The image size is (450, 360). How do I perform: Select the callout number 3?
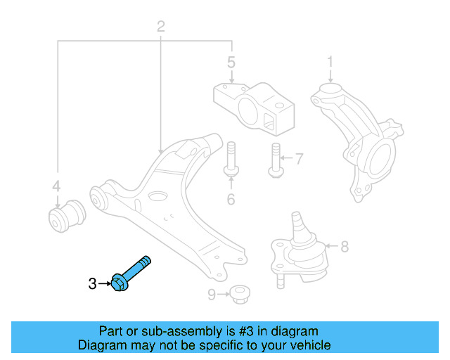[92, 284]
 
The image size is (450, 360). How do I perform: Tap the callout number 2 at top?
[160, 27]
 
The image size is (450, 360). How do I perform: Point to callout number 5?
[231, 63]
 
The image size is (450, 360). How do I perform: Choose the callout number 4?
[57, 186]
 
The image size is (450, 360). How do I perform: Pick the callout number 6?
[230, 200]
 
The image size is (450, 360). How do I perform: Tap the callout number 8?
[344, 247]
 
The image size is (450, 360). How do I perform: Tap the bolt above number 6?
[230, 161]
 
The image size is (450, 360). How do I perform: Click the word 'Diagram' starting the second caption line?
[101, 345]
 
